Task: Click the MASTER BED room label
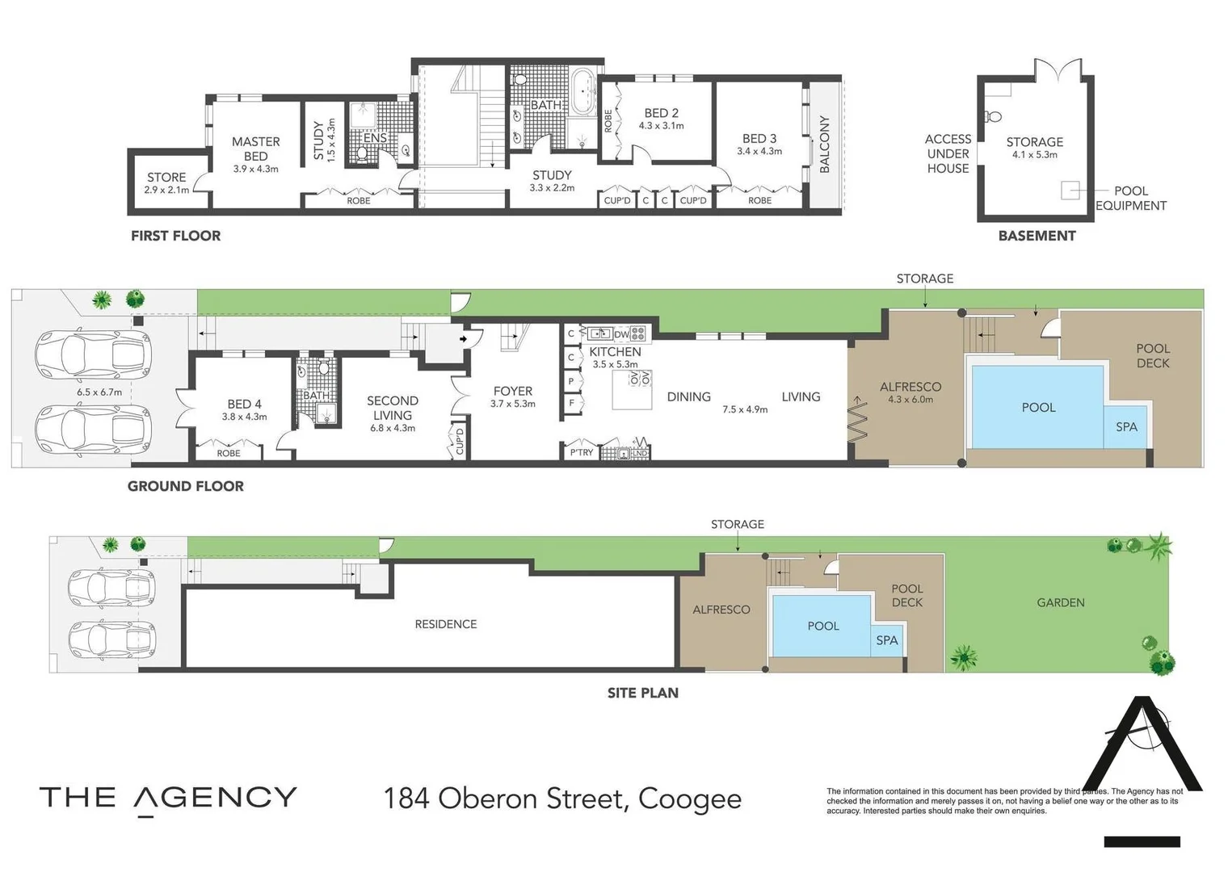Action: (255, 149)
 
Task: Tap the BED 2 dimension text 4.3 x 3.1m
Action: (661, 126)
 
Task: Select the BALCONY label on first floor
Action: (824, 144)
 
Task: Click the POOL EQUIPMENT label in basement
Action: (1130, 198)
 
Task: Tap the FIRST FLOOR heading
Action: (175, 236)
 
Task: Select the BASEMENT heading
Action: (1037, 236)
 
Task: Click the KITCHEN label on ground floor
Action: (615, 352)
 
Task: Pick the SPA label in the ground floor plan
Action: (1126, 427)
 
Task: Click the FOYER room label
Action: (512, 392)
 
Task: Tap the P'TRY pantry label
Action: (581, 453)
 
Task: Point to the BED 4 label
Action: (244, 404)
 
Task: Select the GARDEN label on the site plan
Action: (1060, 602)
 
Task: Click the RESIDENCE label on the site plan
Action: (445, 624)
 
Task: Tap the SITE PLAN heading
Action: (642, 693)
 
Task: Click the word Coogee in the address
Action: (689, 799)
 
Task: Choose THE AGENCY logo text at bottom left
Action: (168, 798)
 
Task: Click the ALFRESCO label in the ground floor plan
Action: (910, 388)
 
